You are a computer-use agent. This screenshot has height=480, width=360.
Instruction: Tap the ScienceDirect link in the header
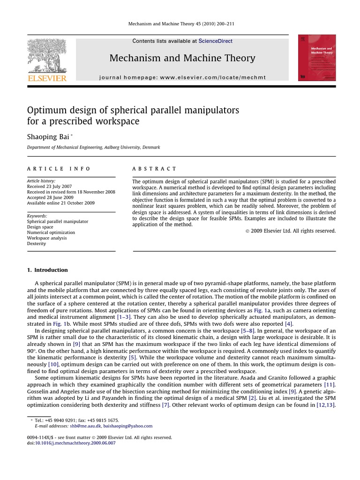[215, 41]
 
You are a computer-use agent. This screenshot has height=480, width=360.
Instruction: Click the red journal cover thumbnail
[317, 58]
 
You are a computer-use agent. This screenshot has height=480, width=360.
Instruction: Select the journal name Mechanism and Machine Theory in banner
[182, 58]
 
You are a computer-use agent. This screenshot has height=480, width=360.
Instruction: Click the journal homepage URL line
[182, 77]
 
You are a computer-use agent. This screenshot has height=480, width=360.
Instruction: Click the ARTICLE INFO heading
[59, 169]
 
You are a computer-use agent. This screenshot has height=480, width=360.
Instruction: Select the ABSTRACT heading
[154, 169]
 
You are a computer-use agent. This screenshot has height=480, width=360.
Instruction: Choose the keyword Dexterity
[37, 244]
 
